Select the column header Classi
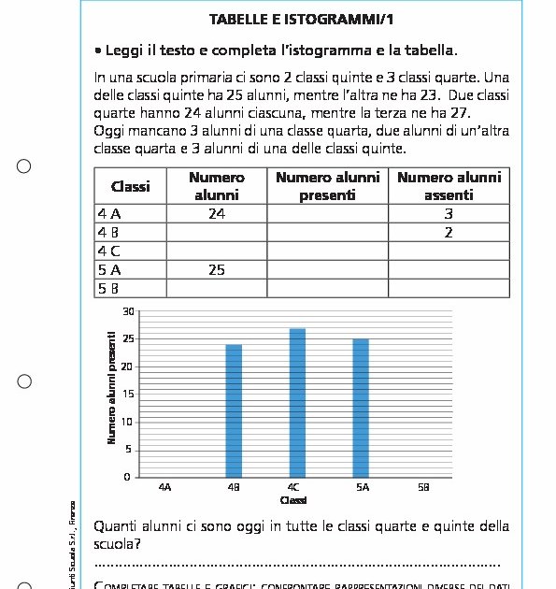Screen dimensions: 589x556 130,186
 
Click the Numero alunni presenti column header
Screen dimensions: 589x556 327,186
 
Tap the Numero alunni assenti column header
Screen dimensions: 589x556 449,186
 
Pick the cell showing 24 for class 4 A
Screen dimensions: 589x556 217,214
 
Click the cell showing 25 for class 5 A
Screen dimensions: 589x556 217,270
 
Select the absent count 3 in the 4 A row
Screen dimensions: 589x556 449,214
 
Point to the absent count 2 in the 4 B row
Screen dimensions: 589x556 449,233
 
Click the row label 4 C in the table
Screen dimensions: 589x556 109,251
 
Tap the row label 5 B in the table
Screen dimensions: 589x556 109,288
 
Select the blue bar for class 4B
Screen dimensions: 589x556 234,411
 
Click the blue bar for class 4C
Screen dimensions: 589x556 297,403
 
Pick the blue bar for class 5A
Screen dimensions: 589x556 361,409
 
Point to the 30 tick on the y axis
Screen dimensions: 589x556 129,311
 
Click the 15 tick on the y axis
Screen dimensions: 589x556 129,395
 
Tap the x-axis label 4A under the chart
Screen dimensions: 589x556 165,487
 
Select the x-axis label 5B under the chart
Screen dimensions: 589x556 423,487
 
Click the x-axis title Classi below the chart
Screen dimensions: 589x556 293,500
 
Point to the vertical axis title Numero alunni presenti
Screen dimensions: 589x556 112,387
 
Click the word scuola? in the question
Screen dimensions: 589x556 118,543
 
